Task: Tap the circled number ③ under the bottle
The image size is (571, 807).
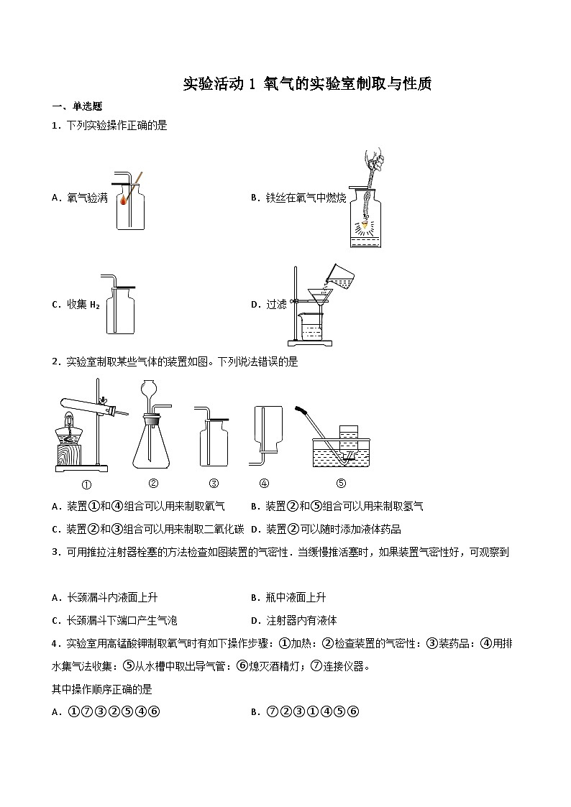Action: [214, 483]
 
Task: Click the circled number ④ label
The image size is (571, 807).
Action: [264, 483]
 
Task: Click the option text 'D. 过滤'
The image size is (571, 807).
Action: [268, 304]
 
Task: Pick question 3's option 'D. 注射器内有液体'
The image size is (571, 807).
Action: [293, 620]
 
